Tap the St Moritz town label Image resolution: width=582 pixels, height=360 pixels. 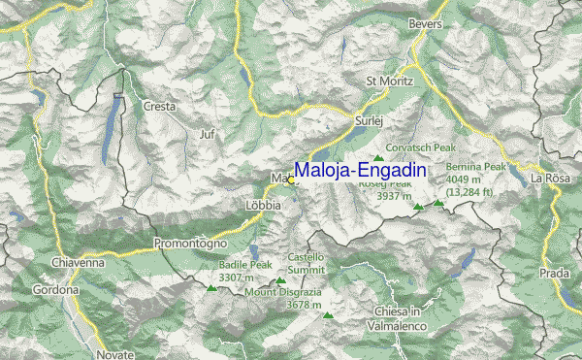coord(389,81)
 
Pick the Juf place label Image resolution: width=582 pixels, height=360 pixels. coord(205,134)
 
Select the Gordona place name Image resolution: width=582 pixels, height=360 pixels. coord(55,290)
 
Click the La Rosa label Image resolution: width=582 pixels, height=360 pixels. coord(550,179)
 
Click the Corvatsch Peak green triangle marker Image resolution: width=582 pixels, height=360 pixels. coord(378,159)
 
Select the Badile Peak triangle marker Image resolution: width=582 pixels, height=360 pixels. coord(210,287)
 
